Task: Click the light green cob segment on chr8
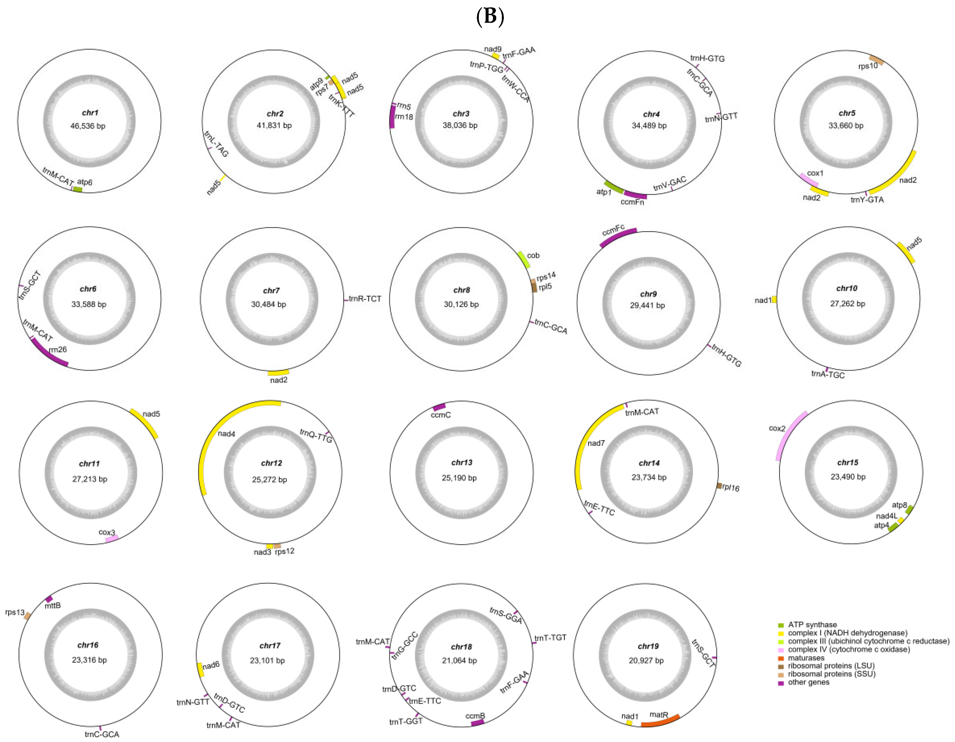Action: [x=524, y=260]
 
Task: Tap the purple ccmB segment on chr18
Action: [x=477, y=722]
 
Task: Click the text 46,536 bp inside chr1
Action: [x=88, y=126]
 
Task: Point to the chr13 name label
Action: [x=462, y=462]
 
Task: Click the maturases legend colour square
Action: [x=781, y=658]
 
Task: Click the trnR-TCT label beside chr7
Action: [x=365, y=299]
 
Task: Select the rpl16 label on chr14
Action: [x=731, y=487]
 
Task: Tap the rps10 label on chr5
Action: [x=868, y=66]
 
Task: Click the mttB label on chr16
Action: [x=53, y=605]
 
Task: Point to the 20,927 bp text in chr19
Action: [x=646, y=660]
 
